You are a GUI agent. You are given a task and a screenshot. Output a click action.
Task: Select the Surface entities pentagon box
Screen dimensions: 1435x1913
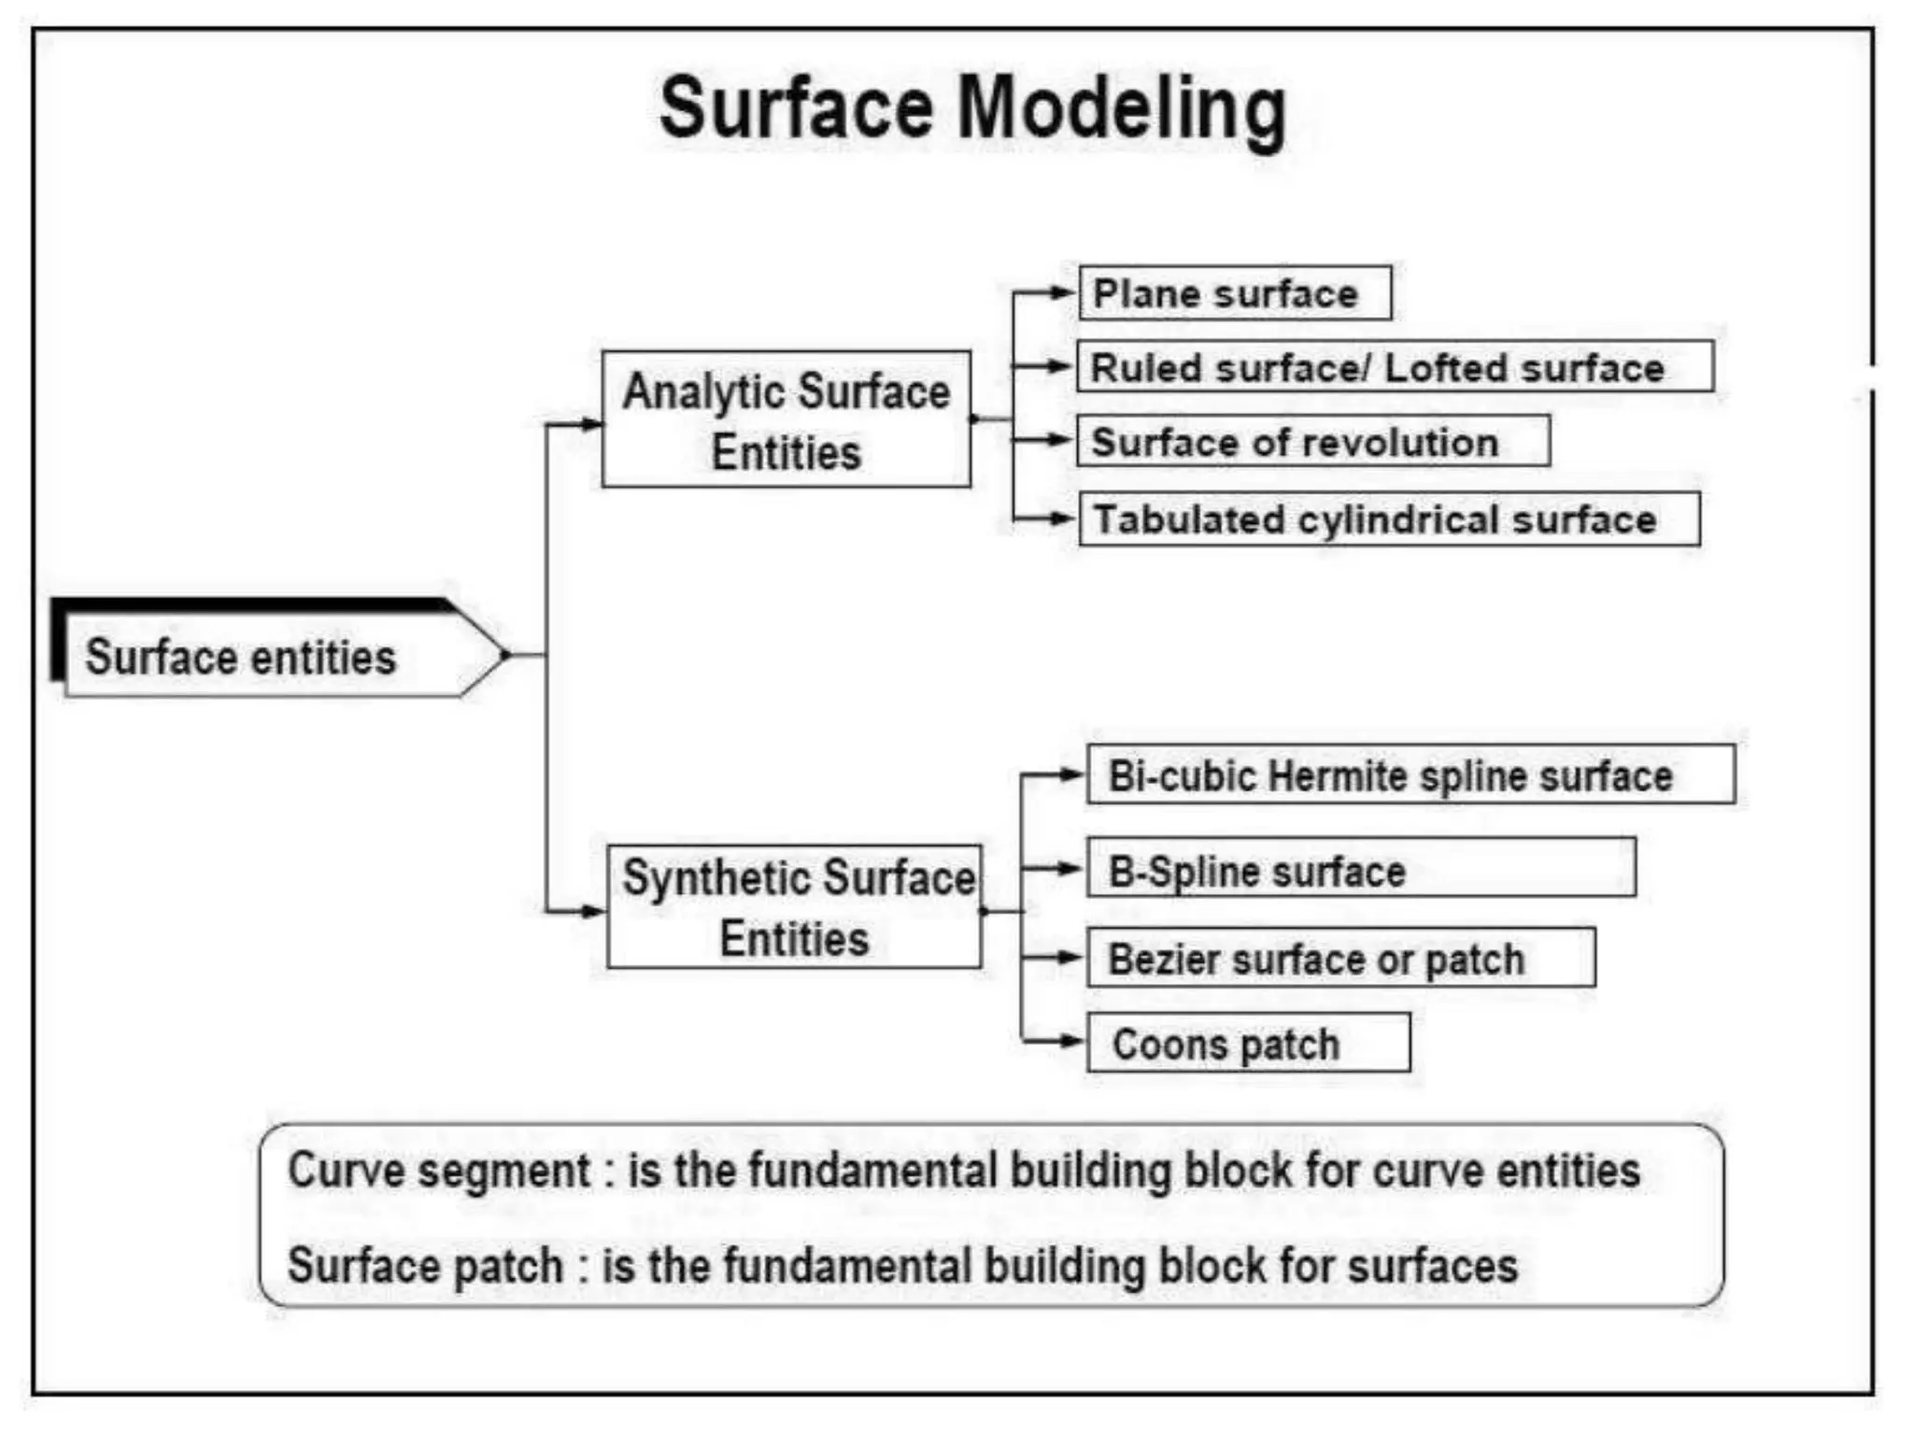271,656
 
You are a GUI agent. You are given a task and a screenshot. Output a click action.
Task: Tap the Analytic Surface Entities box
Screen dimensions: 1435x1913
786,419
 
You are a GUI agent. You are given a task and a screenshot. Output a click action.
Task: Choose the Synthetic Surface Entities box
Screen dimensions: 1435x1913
794,906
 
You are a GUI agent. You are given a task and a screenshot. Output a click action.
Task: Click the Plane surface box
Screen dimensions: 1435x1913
1234,293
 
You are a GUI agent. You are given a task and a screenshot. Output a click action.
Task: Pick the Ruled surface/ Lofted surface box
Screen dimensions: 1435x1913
1395,367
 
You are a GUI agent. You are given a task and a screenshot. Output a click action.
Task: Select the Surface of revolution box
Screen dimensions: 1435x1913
1312,442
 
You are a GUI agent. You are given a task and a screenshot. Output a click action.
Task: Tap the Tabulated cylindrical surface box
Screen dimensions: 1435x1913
1389,519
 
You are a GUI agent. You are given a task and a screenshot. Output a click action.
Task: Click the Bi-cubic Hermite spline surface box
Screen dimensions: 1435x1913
1410,774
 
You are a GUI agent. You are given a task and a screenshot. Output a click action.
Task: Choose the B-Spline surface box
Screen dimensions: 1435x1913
1360,869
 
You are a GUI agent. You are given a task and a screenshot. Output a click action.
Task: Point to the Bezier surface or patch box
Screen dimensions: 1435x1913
1340,958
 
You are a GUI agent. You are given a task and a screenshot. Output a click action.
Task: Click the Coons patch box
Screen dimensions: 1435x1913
1248,1043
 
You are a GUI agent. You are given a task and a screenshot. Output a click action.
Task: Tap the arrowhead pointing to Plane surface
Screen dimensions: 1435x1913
1063,293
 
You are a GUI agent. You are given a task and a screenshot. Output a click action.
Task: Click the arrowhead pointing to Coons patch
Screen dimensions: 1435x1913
1070,1040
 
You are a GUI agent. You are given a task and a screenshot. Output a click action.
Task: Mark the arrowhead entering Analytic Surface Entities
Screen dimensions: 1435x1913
590,425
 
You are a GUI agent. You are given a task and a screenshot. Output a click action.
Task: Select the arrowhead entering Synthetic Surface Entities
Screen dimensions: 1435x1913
593,911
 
